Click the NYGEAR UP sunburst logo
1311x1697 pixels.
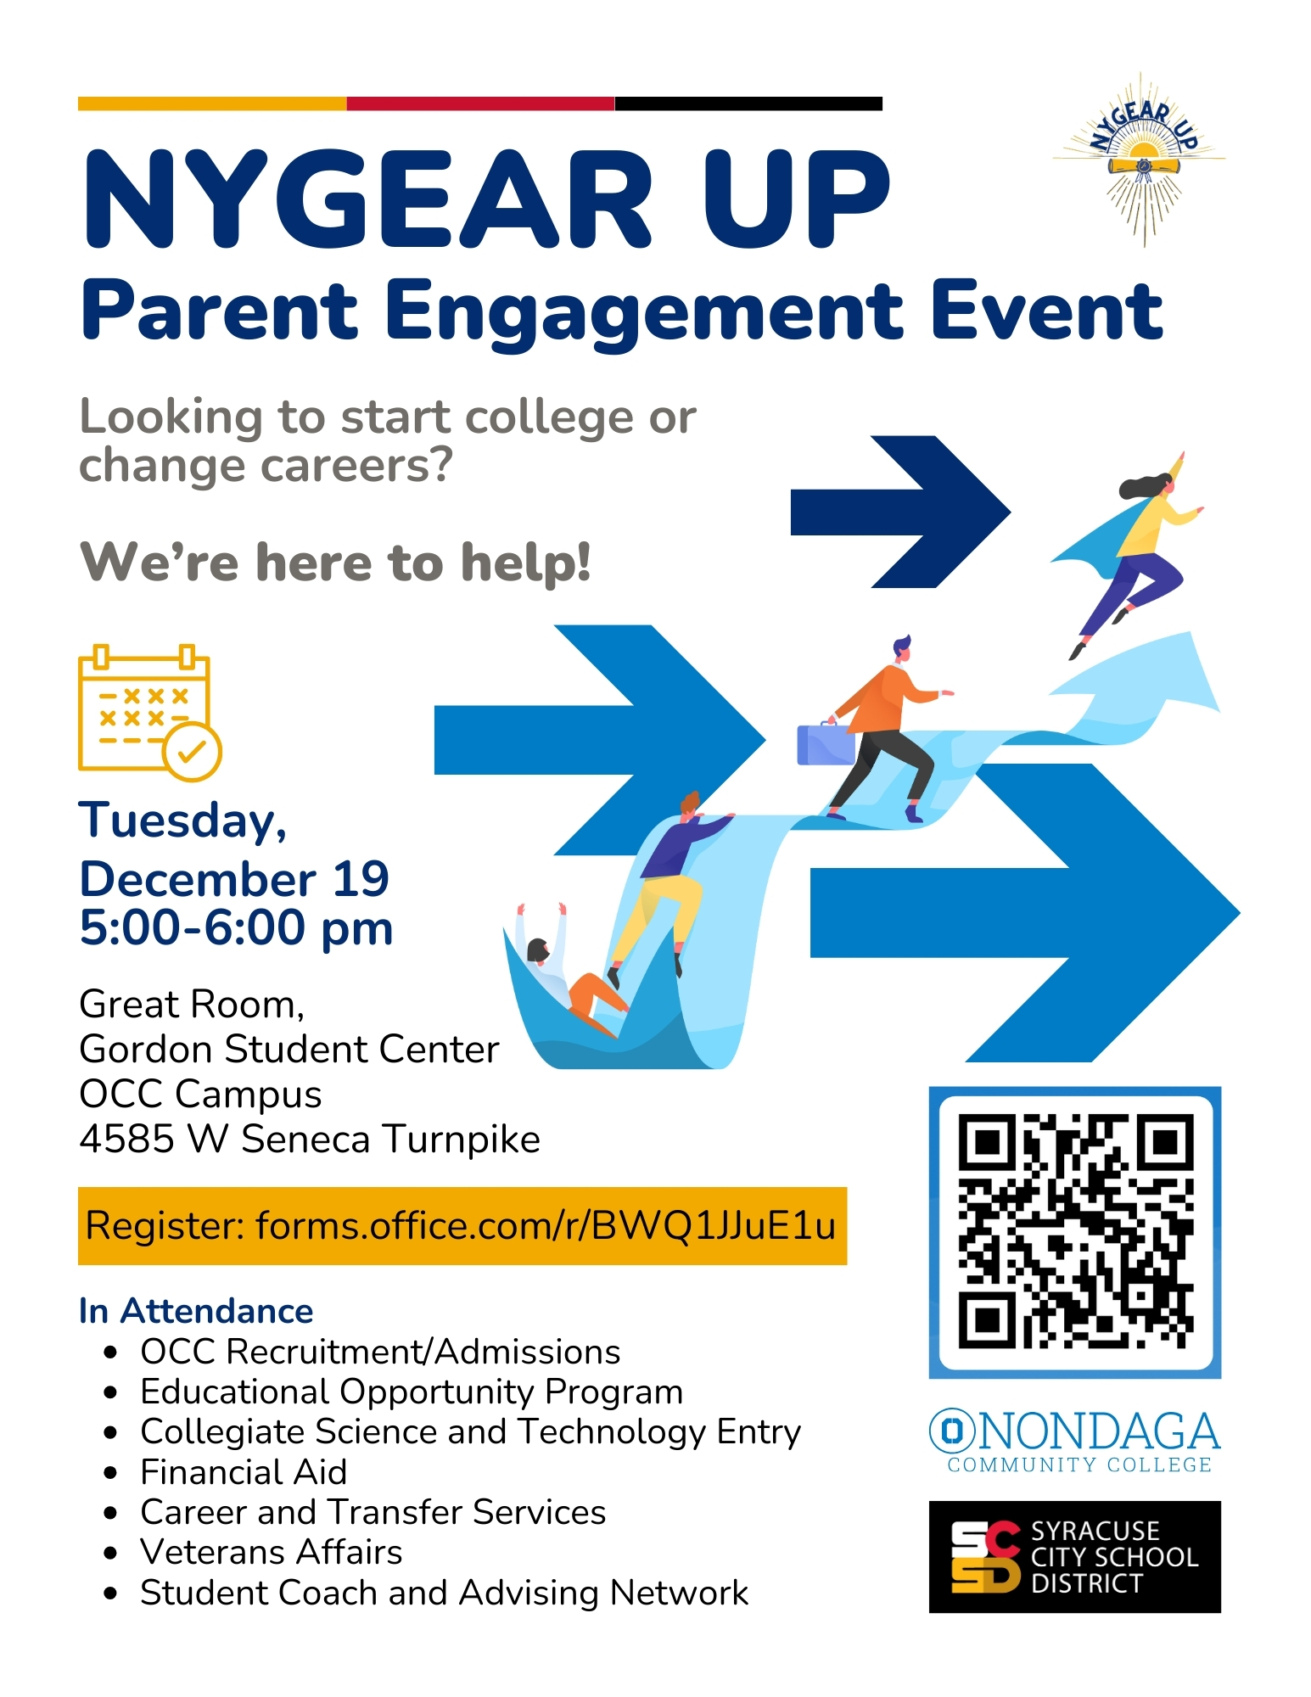click(1140, 160)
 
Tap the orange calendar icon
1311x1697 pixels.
click(149, 713)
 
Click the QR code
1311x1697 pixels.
click(1075, 1232)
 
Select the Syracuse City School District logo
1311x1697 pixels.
click(1074, 1557)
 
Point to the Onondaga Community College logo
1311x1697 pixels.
click(1074, 1442)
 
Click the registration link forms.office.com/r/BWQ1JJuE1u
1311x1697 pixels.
click(546, 1226)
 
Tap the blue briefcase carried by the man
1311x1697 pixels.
click(825, 744)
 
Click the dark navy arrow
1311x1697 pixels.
click(900, 512)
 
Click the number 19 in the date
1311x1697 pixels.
click(361, 878)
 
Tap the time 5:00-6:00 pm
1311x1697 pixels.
click(236, 927)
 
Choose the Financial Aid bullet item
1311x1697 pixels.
click(244, 1472)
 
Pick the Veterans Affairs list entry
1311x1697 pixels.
click(271, 1552)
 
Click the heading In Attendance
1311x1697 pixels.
click(196, 1311)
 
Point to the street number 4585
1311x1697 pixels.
click(126, 1139)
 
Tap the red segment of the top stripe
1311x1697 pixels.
click(480, 104)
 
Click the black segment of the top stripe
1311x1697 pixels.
click(748, 104)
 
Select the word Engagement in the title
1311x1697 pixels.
click(644, 313)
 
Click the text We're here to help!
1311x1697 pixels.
click(335, 562)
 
